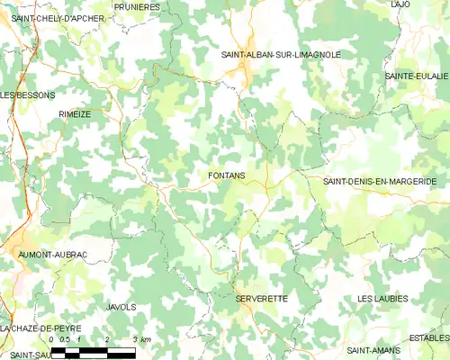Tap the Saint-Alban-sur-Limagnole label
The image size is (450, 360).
pos(281,55)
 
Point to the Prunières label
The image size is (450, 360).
pos(138,7)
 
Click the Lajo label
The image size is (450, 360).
pos(400,4)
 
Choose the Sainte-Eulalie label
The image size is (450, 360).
pos(417,76)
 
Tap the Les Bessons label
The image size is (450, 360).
pos(28,94)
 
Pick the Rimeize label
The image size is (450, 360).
pos(75,114)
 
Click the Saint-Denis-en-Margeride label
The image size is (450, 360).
pos(380,181)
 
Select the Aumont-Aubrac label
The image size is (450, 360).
pos(53,255)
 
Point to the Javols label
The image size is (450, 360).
pos(121,307)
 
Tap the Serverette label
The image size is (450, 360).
pos(261,298)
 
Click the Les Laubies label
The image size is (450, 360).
pos(382,298)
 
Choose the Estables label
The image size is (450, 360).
pos(429,337)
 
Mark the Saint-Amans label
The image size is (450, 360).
pos(373,349)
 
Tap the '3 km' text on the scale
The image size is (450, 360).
pos(142,338)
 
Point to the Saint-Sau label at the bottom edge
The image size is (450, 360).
pos(23,355)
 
